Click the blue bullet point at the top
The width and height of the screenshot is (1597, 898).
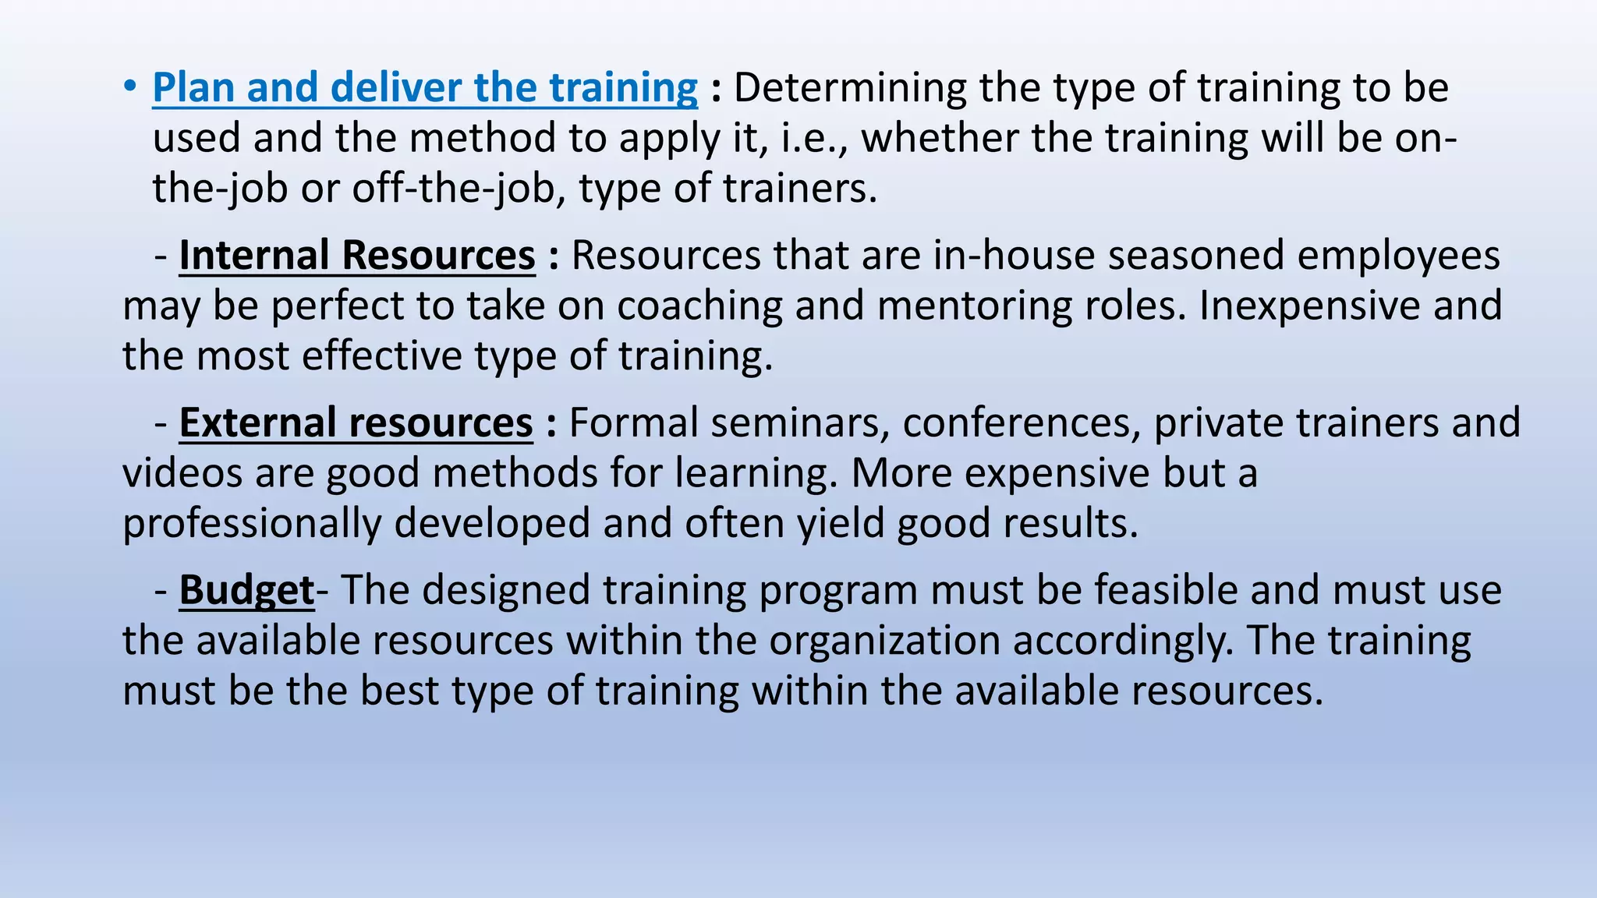[x=129, y=87]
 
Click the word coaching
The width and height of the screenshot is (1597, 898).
[x=699, y=306]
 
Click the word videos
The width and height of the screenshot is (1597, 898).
[x=182, y=473]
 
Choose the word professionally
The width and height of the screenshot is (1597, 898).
[x=252, y=523]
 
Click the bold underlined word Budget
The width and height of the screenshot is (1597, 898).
[x=246, y=590]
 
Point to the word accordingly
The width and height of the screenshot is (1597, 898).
[x=1121, y=641]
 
